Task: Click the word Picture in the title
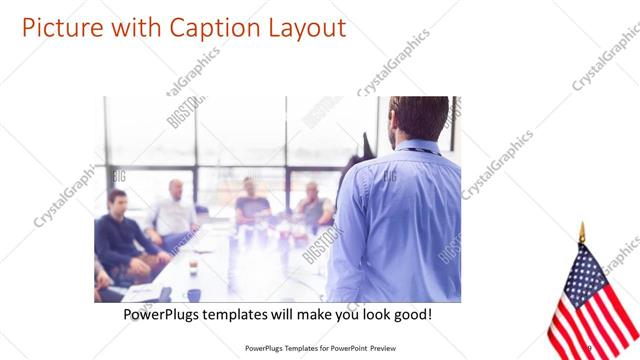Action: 58,28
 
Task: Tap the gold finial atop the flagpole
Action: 581,232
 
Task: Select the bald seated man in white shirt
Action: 174,210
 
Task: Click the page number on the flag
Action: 589,348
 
